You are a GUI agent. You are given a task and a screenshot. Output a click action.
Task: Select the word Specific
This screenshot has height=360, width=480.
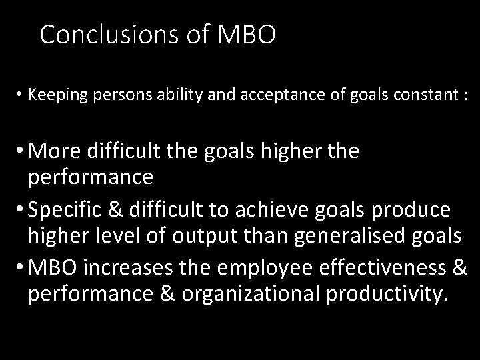click(x=70, y=209)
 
